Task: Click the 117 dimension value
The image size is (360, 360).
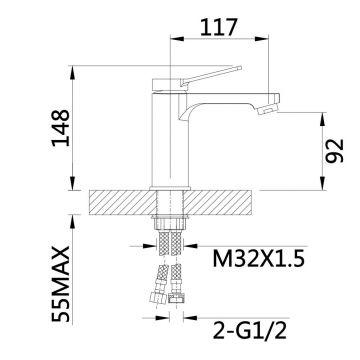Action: coord(218,27)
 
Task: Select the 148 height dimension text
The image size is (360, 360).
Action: coord(61,128)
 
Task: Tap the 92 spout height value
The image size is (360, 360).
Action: coord(334,151)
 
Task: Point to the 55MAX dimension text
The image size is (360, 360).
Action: coord(61,284)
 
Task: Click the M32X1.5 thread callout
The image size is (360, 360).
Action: coord(259,259)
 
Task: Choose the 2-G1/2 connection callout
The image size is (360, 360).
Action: coord(249,330)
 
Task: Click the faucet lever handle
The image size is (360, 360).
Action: coord(211,76)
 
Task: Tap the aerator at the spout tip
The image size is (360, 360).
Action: coord(268,109)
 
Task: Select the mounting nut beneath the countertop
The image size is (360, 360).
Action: coord(170,222)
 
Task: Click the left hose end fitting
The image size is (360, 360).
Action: coord(158,297)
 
